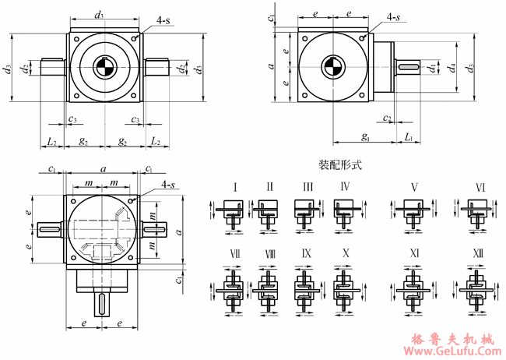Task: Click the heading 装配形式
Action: [340, 165]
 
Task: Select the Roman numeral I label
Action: [234, 187]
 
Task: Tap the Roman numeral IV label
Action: [344, 187]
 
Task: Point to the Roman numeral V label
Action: [414, 187]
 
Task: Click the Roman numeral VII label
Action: [234, 254]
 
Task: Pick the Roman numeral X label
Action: [344, 254]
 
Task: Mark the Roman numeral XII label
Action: [480, 254]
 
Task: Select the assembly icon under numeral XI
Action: [414, 285]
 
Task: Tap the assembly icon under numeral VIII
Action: [269, 285]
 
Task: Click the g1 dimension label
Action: [365, 136]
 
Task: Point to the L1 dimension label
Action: [409, 136]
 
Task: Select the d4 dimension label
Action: [452, 68]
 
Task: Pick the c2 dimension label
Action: [386, 118]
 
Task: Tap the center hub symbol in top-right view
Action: [332, 67]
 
